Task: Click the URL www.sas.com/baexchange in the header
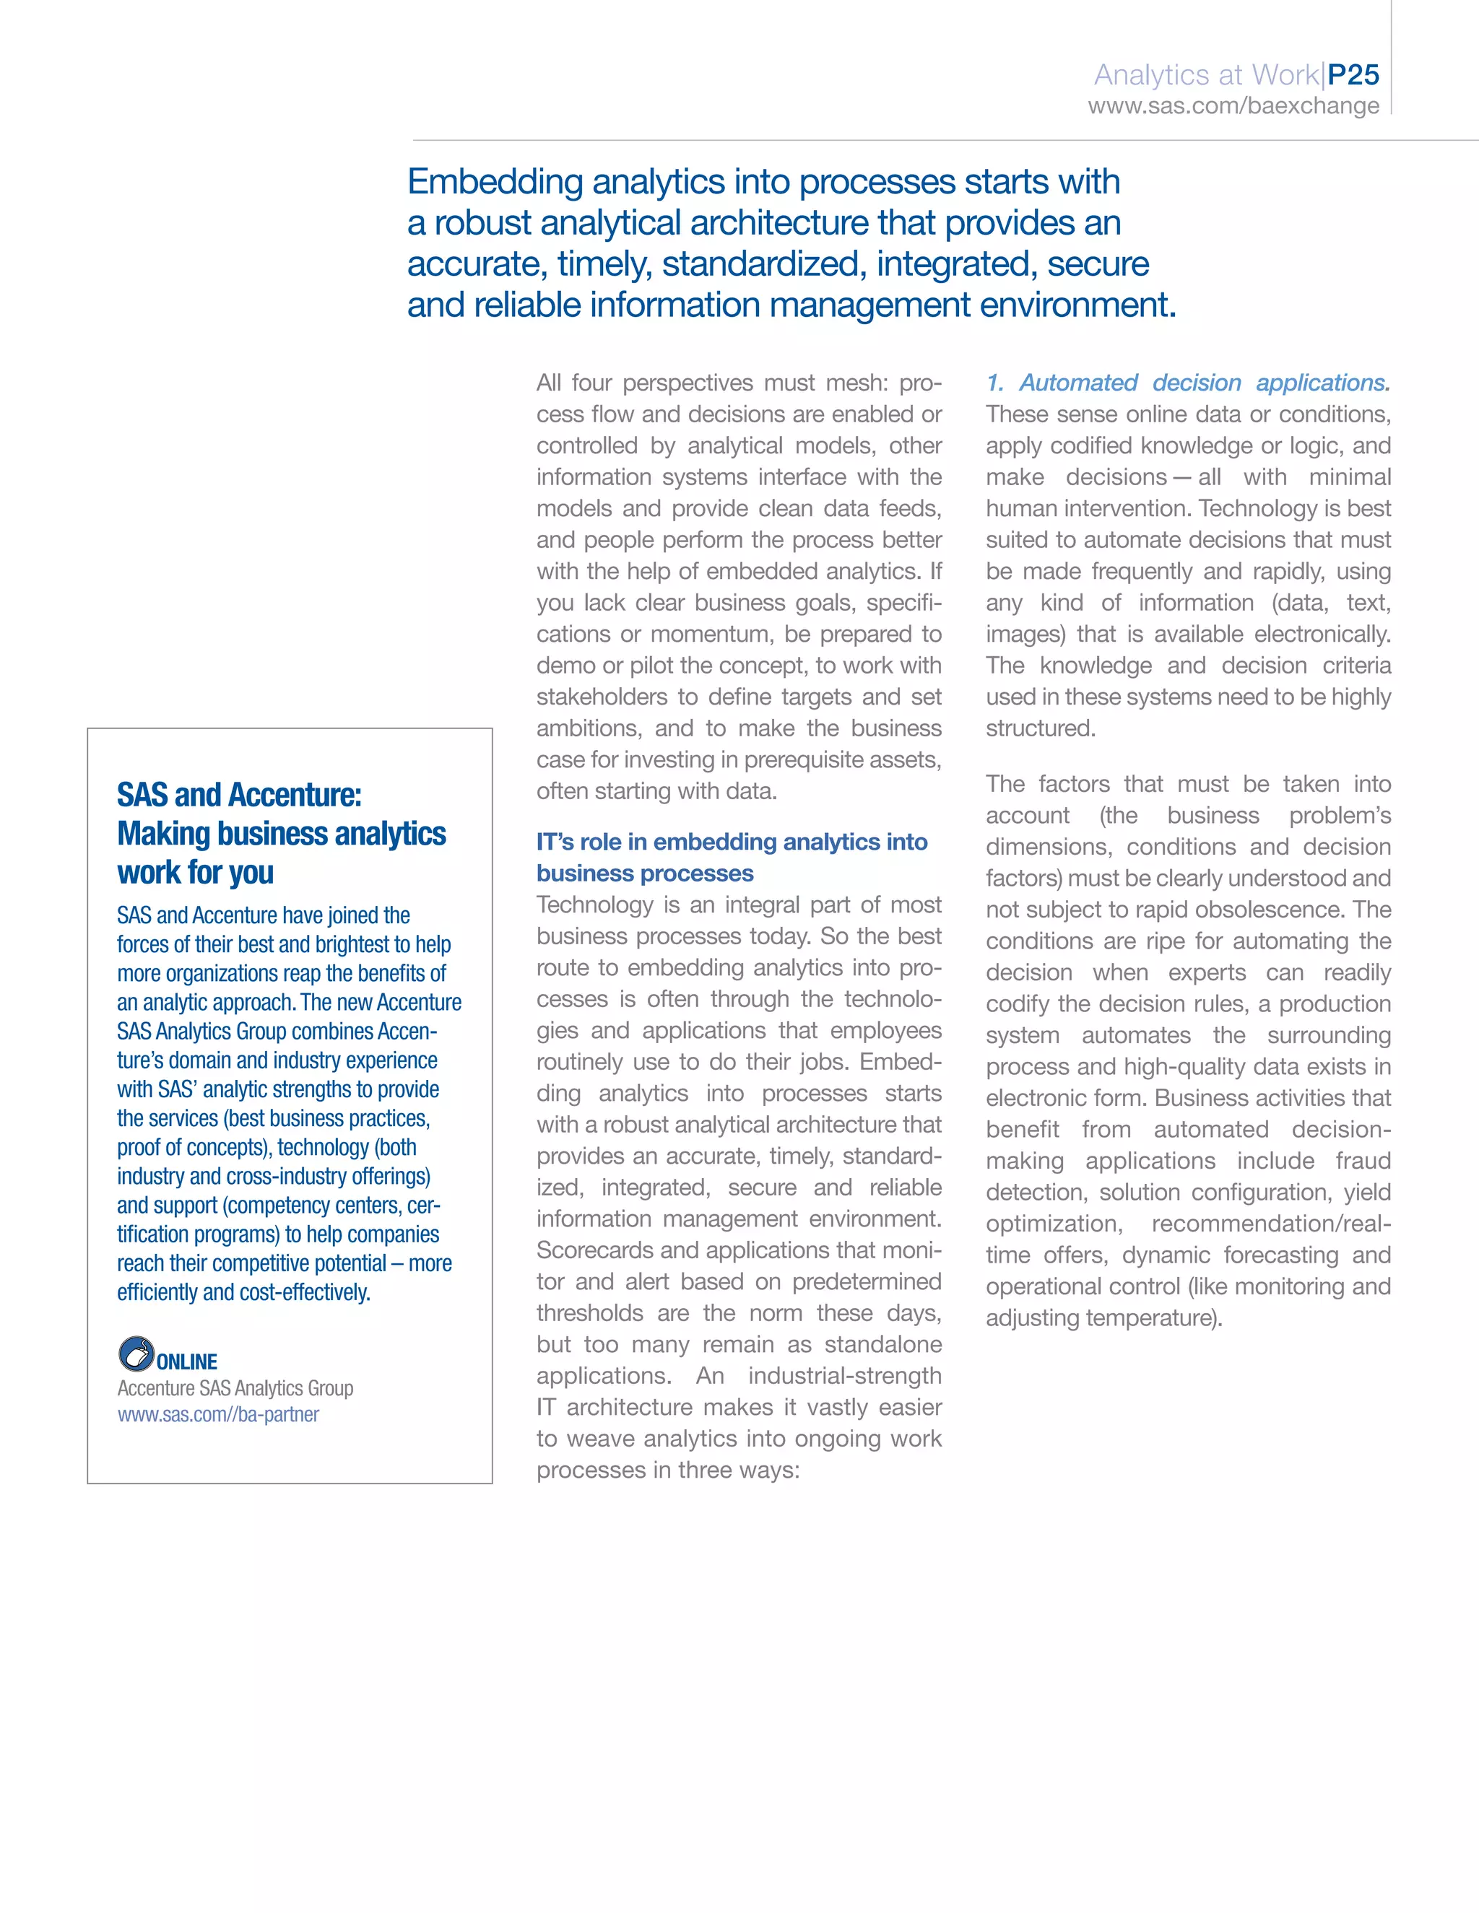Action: [1233, 106]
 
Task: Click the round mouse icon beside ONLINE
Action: [136, 1354]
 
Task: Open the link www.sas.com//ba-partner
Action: [218, 1415]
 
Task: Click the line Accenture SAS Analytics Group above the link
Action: [235, 1388]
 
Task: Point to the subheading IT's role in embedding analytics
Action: [732, 842]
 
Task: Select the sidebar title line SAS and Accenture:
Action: [239, 795]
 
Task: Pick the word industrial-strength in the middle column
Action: [843, 1376]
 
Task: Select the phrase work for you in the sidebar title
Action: [196, 873]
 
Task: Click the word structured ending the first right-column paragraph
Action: [1039, 729]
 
